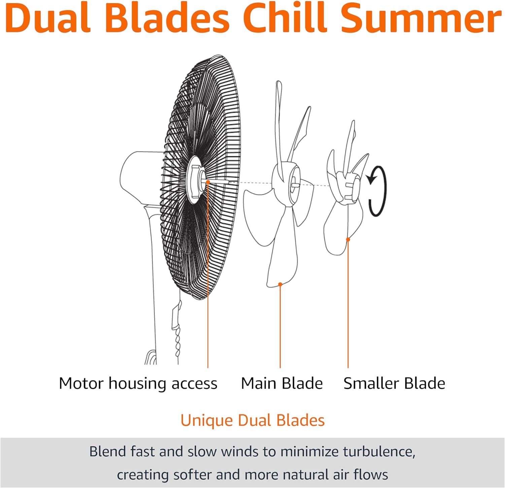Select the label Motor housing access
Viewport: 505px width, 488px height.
coord(138,384)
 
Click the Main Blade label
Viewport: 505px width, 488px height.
coord(282,383)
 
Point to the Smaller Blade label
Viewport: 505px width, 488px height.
coord(394,383)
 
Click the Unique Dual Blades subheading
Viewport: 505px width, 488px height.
coord(252,420)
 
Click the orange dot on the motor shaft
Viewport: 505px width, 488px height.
coord(208,182)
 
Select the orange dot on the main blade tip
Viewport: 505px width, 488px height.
coord(280,285)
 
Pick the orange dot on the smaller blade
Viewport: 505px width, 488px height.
coord(348,239)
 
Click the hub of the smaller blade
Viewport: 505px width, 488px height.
coord(349,188)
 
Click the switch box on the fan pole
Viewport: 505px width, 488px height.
coord(176,315)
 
